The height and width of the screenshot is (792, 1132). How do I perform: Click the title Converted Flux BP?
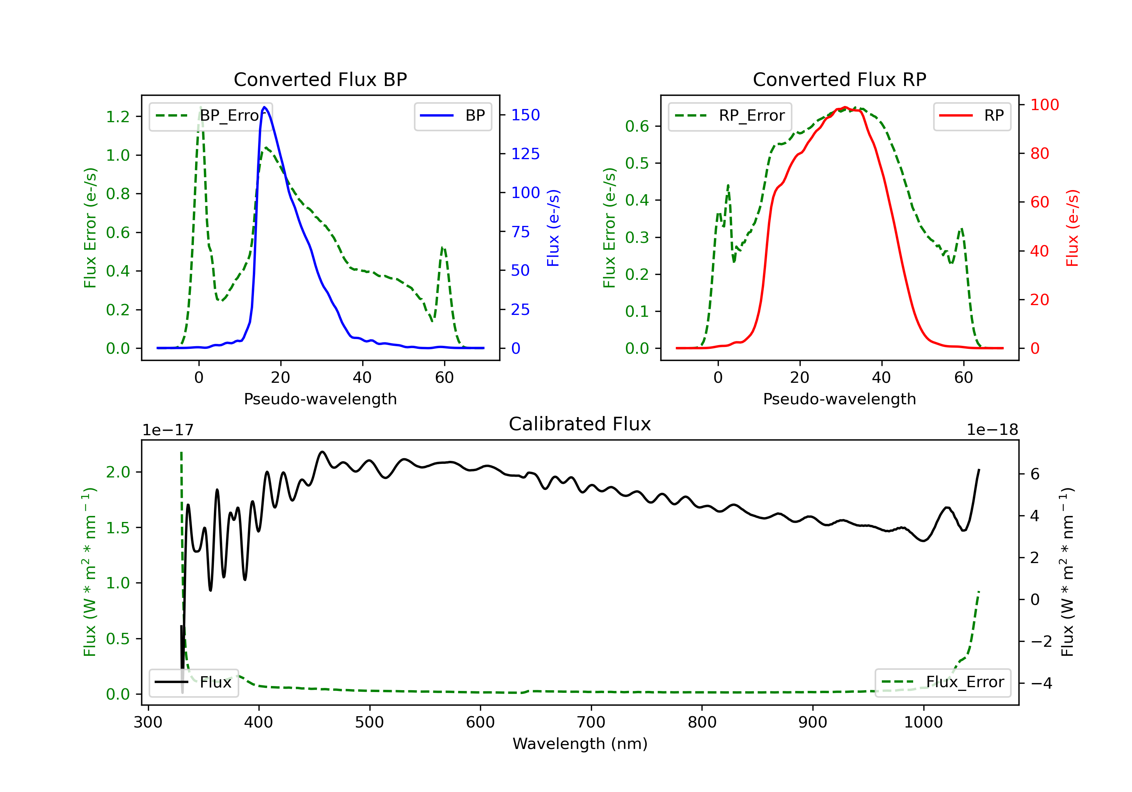point(320,79)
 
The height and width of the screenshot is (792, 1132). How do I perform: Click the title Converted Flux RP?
point(839,79)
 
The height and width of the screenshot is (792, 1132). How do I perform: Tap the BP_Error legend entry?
point(211,116)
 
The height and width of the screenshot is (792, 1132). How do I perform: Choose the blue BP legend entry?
point(452,116)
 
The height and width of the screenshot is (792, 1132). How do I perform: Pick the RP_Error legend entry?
point(730,116)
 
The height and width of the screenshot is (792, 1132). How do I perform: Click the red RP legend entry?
point(972,116)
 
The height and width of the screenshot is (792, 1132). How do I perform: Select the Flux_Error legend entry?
point(942,682)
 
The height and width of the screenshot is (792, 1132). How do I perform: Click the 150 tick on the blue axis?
point(525,115)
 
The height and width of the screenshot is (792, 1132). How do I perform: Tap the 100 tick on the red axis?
point(1044,104)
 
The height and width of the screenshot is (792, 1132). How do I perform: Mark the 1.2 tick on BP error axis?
point(118,117)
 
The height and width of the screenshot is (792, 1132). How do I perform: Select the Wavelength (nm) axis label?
point(580,744)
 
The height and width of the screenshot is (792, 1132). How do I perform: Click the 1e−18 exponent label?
point(992,430)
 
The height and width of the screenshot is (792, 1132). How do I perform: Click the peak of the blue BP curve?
point(264,107)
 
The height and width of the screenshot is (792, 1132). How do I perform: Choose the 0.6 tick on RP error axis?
point(637,126)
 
